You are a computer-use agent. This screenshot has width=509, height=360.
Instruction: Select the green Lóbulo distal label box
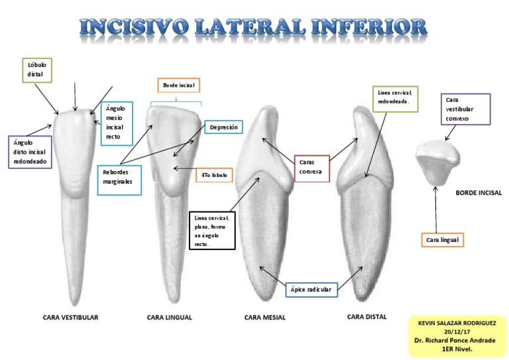[x=36, y=70]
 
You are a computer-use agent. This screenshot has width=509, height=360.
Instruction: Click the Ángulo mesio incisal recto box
[x=117, y=122]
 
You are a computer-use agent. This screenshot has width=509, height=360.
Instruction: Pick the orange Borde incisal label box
[x=178, y=86]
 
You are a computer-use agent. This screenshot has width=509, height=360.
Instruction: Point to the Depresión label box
[x=223, y=127]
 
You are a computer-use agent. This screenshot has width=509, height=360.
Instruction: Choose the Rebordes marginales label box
[x=119, y=176]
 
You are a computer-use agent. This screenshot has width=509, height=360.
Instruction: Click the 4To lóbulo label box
[x=214, y=175]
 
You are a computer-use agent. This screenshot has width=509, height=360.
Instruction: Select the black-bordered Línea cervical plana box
[x=212, y=231]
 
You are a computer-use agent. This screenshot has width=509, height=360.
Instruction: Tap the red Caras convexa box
[x=311, y=166]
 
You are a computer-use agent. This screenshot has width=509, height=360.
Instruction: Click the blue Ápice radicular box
[x=311, y=290]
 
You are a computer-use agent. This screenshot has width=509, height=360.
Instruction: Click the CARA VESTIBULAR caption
[x=70, y=318]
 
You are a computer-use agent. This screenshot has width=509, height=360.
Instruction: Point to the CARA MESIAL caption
[x=265, y=318]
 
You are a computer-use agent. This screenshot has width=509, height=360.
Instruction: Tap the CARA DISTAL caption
[x=367, y=317]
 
